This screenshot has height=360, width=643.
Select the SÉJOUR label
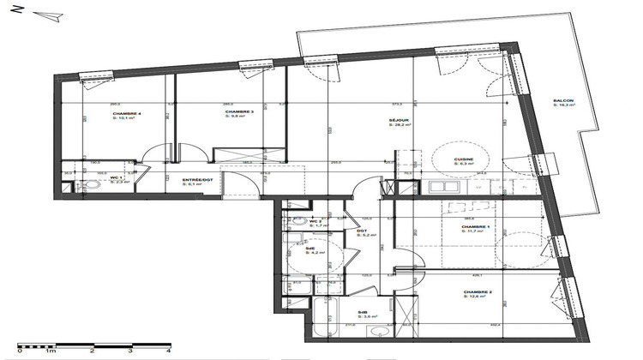pyautogui.click(x=398, y=121)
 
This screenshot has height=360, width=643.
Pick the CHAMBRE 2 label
pyautogui.click(x=478, y=292)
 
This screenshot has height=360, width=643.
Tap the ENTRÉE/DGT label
pyautogui.click(x=197, y=180)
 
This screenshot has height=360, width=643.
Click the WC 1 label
pyautogui.click(x=115, y=178)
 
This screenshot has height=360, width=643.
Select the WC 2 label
pyautogui.click(x=316, y=221)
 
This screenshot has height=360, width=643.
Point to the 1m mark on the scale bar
pyautogui.click(x=51, y=351)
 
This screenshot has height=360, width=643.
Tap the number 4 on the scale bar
pyautogui.click(x=168, y=351)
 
